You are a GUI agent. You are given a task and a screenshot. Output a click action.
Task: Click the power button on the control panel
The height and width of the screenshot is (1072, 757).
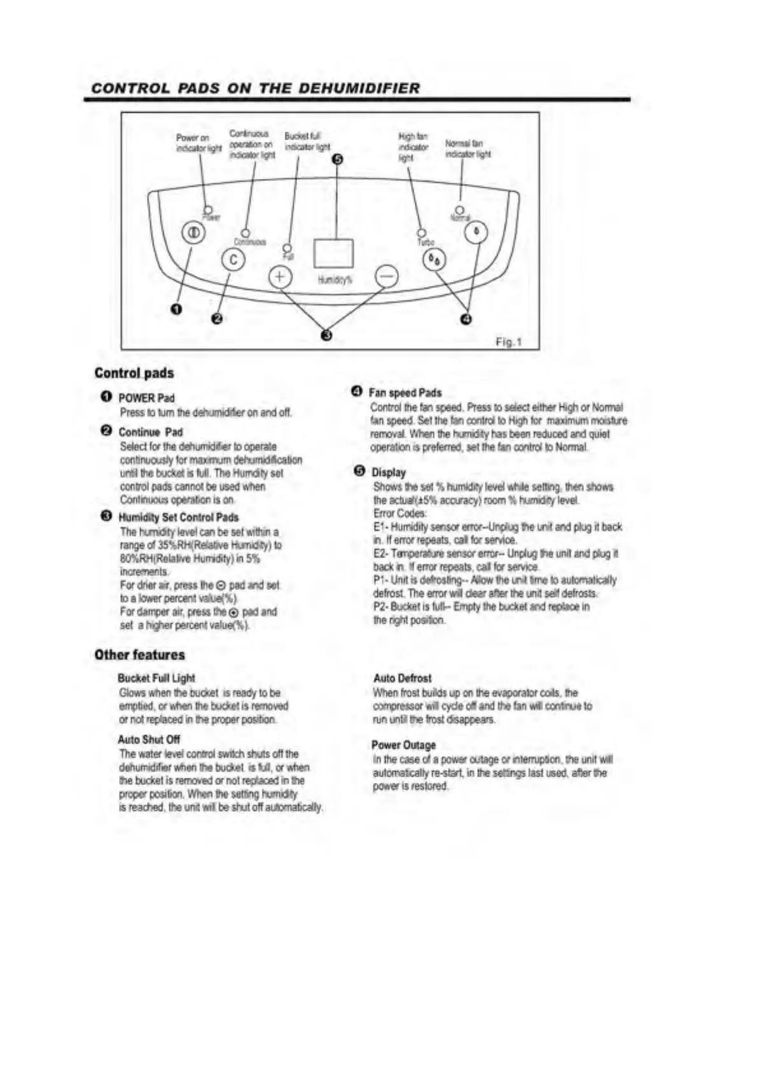(194, 233)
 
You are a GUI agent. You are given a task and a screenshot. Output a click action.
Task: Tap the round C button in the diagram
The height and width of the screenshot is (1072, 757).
(233, 260)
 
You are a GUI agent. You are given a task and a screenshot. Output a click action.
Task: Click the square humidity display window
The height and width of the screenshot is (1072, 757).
(333, 253)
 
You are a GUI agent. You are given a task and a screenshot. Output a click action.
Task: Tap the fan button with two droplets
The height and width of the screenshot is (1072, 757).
(434, 260)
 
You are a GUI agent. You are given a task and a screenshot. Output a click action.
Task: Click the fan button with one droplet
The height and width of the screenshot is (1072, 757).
(476, 232)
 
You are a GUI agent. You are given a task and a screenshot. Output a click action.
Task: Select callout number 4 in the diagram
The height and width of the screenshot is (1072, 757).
(466, 319)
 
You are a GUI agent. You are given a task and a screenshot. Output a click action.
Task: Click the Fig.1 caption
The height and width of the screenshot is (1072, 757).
(508, 342)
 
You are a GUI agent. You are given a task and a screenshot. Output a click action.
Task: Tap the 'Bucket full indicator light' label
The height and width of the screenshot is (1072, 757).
(307, 141)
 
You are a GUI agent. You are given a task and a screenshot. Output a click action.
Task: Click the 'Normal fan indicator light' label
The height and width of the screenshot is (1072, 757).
(468, 149)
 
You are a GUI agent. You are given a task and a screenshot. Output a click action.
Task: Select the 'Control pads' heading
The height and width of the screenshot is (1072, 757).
(134, 373)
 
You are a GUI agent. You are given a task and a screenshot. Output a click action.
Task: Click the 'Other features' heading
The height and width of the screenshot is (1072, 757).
(139, 655)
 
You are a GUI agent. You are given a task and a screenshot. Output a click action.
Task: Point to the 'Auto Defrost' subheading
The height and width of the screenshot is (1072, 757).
(402, 679)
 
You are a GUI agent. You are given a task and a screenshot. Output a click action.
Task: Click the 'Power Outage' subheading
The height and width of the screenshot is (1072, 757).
(404, 745)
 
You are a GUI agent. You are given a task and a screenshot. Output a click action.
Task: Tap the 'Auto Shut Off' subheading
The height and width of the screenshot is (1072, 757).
(149, 740)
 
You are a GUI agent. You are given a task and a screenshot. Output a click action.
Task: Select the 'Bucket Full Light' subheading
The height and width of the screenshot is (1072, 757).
(156, 679)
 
